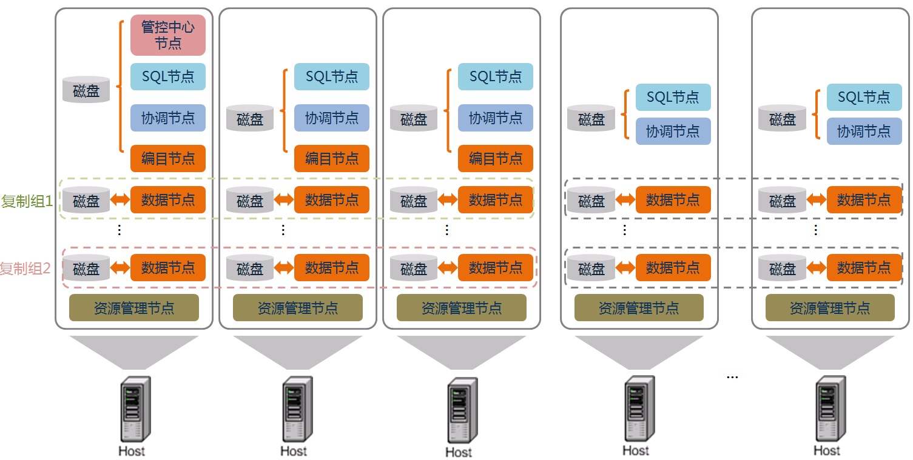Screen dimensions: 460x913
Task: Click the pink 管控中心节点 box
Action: click(168, 35)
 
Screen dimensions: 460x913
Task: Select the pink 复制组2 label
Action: click(25, 268)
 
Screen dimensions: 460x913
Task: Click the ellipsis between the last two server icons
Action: click(732, 377)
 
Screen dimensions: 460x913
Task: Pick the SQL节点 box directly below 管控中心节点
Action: click(168, 77)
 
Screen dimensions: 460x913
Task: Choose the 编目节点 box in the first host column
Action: click(168, 159)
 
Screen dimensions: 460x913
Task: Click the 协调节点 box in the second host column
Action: click(332, 118)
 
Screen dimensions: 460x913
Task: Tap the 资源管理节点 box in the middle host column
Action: click(462, 308)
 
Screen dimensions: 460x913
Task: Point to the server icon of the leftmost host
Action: click(134, 408)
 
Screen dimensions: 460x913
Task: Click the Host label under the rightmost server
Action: click(827, 450)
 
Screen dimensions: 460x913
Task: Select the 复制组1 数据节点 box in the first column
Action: click(168, 200)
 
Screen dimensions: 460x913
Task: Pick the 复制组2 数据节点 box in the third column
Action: click(496, 267)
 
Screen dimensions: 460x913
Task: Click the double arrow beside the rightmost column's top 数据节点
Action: click(816, 200)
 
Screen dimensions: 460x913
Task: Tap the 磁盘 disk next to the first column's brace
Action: click(86, 90)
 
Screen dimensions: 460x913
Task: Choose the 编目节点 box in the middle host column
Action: click(496, 159)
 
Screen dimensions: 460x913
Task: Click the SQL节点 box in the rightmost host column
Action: click(864, 97)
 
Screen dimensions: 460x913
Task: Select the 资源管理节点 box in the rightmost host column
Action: click(830, 308)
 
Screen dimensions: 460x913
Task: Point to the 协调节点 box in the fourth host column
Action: click(673, 131)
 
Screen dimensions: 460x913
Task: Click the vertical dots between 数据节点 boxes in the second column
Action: click(283, 230)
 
